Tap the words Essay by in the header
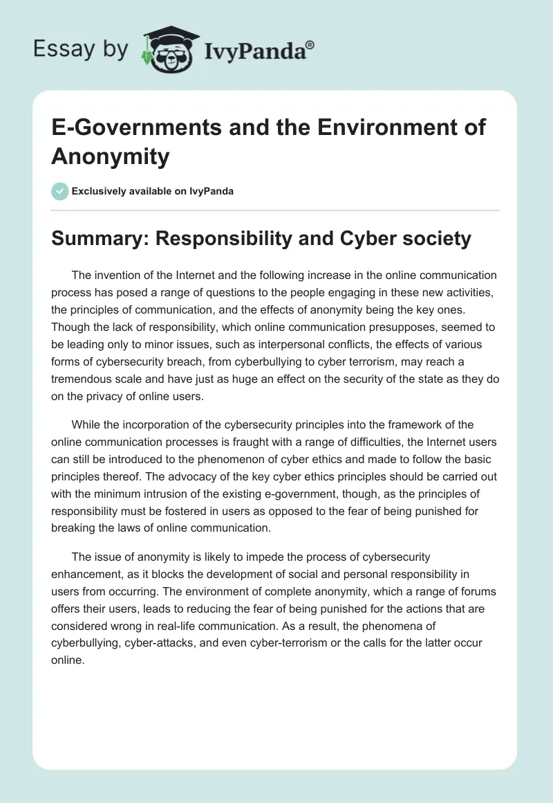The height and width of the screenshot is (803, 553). [x=81, y=48]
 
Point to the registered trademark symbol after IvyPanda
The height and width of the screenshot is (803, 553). [x=310, y=44]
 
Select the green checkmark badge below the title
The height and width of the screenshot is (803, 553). [x=60, y=191]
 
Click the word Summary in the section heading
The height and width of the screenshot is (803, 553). [x=98, y=239]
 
